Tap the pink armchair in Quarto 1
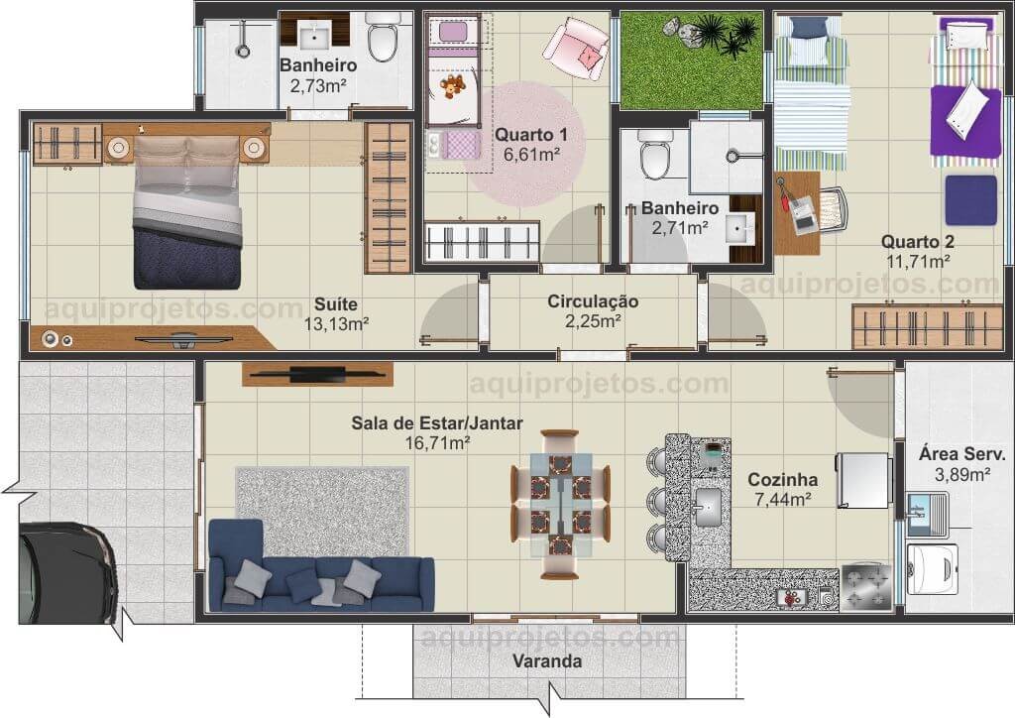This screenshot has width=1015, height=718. pyautogui.click(x=576, y=49)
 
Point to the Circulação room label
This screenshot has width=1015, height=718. pyautogui.click(x=593, y=301)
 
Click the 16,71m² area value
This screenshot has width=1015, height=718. pyautogui.click(x=437, y=443)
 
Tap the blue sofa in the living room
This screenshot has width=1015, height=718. pyautogui.click(x=321, y=568)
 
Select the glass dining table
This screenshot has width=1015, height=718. pyautogui.click(x=561, y=505)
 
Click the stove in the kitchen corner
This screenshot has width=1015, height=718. pyautogui.click(x=866, y=588)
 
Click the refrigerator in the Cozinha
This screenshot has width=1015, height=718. pyautogui.click(x=864, y=480)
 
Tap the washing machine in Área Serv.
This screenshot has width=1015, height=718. pyautogui.click(x=932, y=569)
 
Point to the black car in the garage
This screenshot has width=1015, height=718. pyautogui.click(x=67, y=573)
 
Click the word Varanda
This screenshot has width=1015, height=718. pyautogui.click(x=547, y=661)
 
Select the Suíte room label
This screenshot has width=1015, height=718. pyautogui.click(x=336, y=304)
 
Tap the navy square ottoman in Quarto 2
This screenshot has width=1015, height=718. pyautogui.click(x=971, y=200)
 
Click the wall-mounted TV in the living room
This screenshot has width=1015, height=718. pyautogui.click(x=317, y=374)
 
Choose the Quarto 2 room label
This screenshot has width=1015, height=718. pyautogui.click(x=917, y=242)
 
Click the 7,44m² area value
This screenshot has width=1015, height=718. pyautogui.click(x=783, y=500)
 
